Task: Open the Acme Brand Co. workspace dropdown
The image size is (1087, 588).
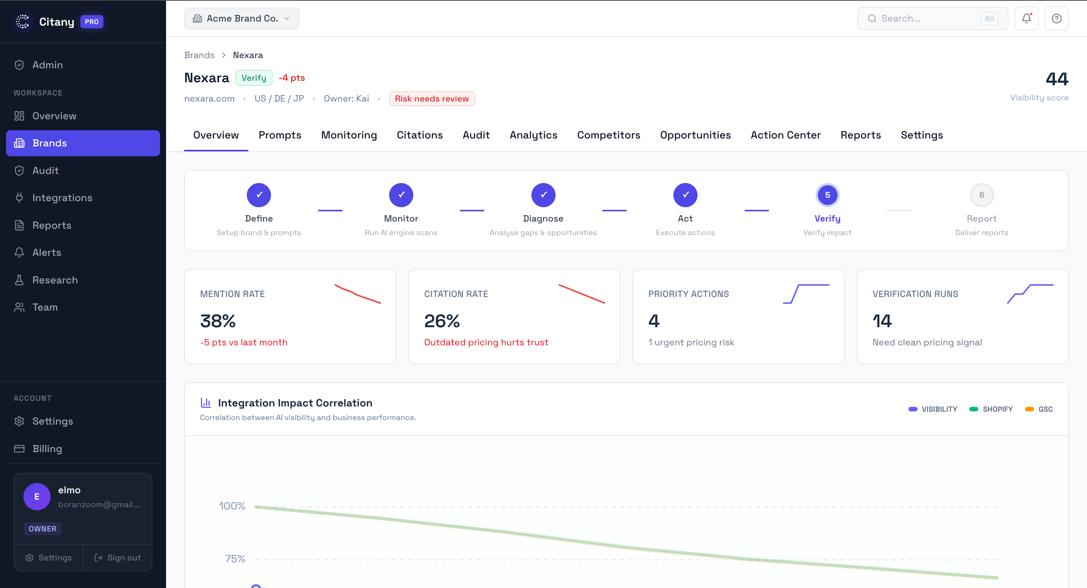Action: [x=242, y=18]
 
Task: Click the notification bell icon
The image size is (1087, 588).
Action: [x=1026, y=18]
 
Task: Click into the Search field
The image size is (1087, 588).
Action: [x=928, y=18]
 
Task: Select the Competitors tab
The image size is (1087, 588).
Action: [x=608, y=135]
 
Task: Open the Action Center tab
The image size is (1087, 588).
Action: [x=785, y=135]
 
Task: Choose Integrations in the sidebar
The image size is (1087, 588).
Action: [x=62, y=198]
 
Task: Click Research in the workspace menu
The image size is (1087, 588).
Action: [x=55, y=280]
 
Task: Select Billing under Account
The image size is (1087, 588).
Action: [x=47, y=448]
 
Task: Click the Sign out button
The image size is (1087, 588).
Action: [x=118, y=558]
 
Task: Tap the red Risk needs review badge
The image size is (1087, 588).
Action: [x=432, y=99]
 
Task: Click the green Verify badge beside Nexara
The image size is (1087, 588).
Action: [x=254, y=78]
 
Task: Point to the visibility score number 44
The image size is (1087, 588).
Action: [x=1057, y=79]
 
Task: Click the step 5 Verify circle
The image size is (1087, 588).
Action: [x=827, y=195]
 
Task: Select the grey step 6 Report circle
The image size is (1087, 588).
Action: [x=981, y=195]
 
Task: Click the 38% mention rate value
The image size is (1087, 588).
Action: [x=218, y=321]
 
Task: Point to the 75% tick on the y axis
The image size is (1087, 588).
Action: [x=235, y=559]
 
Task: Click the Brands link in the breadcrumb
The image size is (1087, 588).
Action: [x=199, y=55]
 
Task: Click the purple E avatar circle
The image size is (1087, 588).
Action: [x=37, y=496]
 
